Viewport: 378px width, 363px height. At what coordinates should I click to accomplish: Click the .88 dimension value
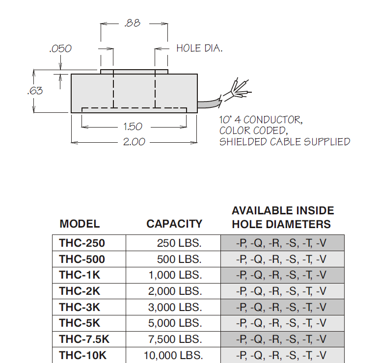[133, 23]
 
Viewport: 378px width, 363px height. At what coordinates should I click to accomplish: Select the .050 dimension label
[60, 49]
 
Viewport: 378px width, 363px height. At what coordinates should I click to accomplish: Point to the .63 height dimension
[35, 91]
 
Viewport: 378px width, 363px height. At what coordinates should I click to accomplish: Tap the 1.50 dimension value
[133, 127]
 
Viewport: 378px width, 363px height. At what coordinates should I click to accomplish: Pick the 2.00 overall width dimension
[134, 142]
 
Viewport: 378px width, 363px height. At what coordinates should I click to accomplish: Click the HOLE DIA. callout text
[199, 48]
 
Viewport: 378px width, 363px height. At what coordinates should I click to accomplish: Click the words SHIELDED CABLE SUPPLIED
[285, 142]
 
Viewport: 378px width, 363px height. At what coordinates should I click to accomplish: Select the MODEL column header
[80, 224]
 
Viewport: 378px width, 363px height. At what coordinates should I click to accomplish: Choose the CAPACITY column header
[174, 224]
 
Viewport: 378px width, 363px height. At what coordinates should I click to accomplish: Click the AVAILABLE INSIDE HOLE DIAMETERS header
[283, 217]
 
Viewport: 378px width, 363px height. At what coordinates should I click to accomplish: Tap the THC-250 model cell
[82, 243]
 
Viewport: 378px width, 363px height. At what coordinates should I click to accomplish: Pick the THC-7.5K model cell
[84, 339]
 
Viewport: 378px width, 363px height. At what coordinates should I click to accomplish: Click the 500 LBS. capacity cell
[179, 259]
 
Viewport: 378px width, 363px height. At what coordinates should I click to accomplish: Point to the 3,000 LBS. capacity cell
[175, 307]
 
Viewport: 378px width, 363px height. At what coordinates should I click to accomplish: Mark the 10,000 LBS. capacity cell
[173, 355]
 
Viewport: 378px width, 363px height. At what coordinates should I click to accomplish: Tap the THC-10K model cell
[82, 355]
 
